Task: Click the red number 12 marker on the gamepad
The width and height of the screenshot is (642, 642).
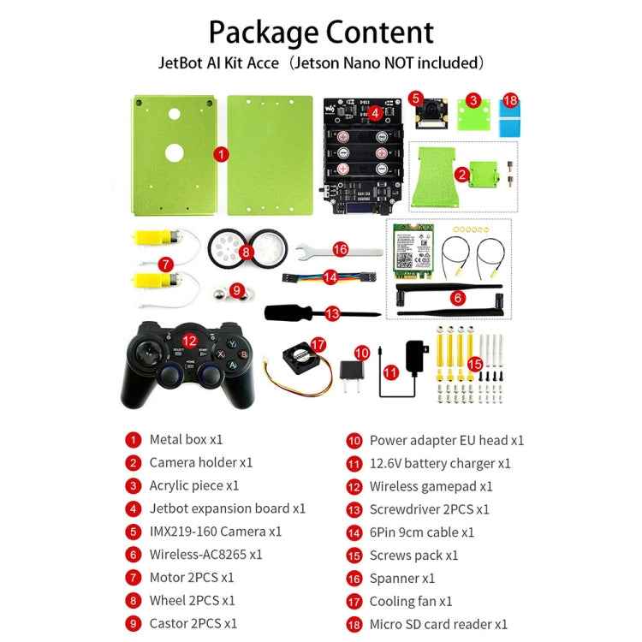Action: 189,341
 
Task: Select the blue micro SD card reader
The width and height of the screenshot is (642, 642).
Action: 510,118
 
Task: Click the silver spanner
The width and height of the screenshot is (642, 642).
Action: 339,251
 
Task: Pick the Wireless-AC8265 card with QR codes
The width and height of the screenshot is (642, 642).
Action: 413,251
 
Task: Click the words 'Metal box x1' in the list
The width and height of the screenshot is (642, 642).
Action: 186,440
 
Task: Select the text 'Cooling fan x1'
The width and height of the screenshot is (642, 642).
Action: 411,602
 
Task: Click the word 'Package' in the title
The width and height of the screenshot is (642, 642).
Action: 263,33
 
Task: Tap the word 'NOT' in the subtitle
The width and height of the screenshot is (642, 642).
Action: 399,63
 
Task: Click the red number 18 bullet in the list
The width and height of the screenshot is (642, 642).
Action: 354,625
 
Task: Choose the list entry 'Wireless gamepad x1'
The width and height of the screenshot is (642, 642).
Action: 431,486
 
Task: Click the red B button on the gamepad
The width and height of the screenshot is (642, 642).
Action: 244,354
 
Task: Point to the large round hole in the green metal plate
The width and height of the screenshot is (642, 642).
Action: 175,153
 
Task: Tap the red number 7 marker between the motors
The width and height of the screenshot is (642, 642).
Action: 165,265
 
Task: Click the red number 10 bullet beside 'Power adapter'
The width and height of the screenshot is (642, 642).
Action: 354,441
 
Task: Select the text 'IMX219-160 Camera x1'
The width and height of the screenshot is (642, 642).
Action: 216,532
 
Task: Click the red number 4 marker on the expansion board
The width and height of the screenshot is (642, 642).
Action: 376,113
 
